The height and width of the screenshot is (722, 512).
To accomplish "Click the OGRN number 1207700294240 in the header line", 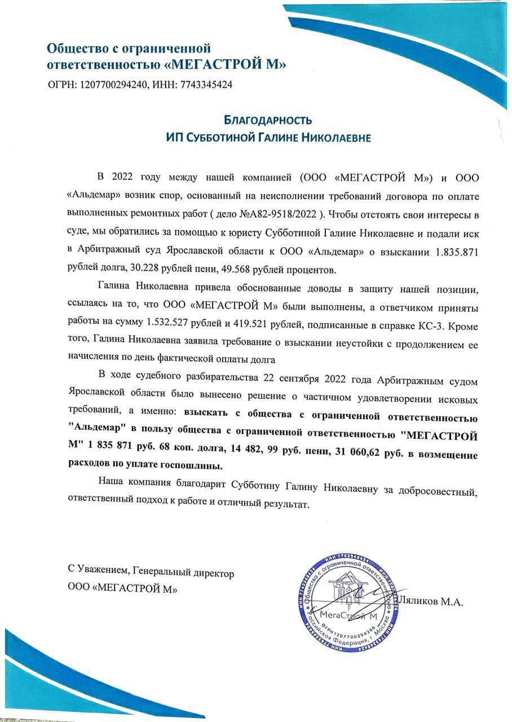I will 113,85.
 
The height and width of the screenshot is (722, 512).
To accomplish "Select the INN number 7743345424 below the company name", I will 205,85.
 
